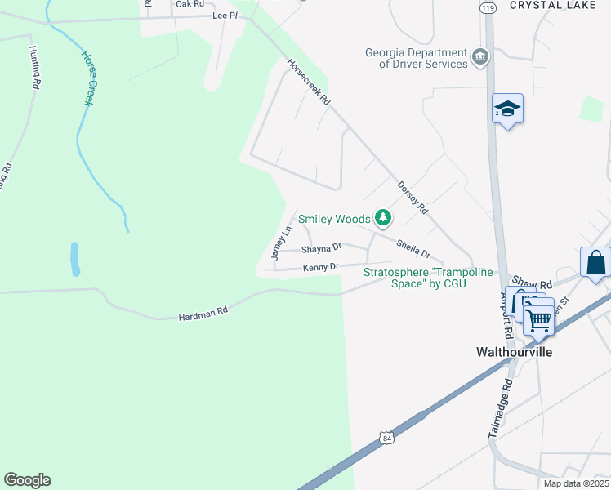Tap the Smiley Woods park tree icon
(x=382, y=218)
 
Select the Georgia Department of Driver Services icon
(x=480, y=57)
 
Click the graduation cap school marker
(x=507, y=109)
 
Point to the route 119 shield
(x=488, y=7)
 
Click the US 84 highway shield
(x=386, y=439)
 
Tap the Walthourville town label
(x=515, y=352)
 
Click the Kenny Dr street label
(x=320, y=267)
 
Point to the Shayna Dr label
(x=321, y=248)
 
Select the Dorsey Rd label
(x=413, y=197)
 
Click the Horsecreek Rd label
(x=308, y=82)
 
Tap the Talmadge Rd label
(x=501, y=409)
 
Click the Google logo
(x=27, y=480)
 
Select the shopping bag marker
(x=595, y=263)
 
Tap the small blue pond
(x=75, y=259)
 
